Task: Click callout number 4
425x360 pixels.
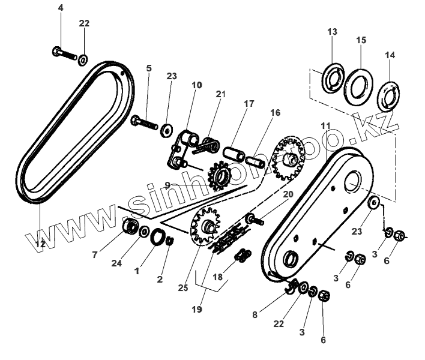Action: click(x=60, y=8)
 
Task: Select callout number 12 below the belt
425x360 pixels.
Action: click(x=40, y=244)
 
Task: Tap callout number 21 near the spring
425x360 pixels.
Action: click(x=221, y=94)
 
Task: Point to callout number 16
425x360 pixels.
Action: click(x=275, y=112)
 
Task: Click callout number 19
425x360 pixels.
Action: click(x=197, y=310)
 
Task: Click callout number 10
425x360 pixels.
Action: click(x=197, y=85)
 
